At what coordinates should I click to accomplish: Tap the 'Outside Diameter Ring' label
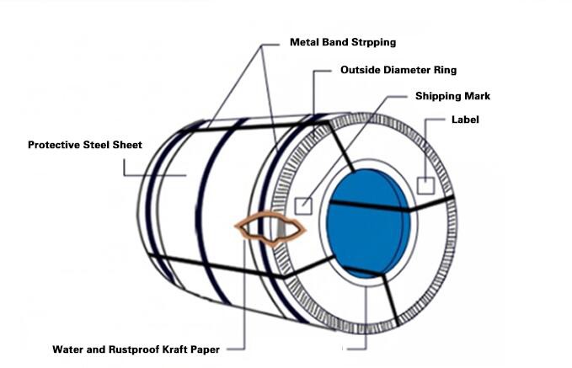coord(398,70)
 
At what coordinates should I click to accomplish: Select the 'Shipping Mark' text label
coord(452,96)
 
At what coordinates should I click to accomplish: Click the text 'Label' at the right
coord(465,120)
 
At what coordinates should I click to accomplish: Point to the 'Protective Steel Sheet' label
coord(85,145)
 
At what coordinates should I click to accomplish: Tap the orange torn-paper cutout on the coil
coord(271,227)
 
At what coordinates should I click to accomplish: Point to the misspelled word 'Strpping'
coord(372,41)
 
